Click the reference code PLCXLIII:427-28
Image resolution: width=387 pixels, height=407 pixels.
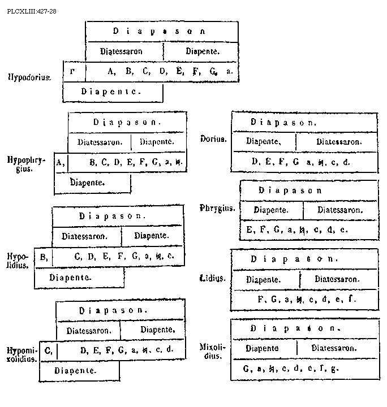tap(28, 10)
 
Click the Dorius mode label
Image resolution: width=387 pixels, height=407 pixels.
tap(213, 139)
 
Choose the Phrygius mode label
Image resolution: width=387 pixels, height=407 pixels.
tap(217, 208)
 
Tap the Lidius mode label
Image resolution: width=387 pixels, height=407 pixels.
tap(213, 278)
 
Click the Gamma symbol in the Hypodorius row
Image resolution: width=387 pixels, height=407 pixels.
tap(72, 71)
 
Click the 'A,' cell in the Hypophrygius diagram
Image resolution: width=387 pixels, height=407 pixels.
tap(61, 163)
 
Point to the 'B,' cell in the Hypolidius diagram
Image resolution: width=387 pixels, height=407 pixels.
tap(43, 257)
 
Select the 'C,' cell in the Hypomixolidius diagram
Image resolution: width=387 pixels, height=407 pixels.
tap(48, 350)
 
